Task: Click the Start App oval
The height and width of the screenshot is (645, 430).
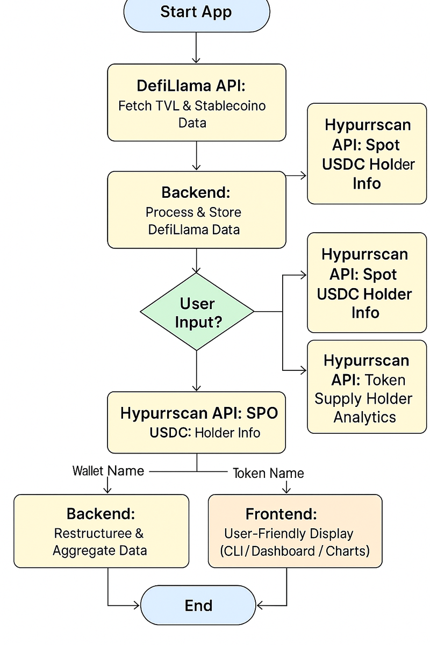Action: click(196, 13)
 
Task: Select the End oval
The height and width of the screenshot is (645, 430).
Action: click(198, 606)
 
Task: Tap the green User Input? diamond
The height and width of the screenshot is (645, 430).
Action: click(197, 312)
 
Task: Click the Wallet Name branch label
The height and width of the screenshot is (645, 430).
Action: click(108, 471)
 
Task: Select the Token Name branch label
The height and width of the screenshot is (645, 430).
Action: click(268, 473)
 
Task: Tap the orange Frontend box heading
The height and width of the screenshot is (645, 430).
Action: click(281, 514)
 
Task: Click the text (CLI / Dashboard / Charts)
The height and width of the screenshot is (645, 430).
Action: click(295, 551)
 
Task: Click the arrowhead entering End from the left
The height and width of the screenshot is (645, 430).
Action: click(136, 606)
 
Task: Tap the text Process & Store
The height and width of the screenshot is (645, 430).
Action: click(193, 212)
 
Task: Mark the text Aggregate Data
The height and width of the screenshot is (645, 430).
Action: click(100, 550)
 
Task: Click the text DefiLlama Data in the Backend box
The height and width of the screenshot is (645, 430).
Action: click(193, 230)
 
